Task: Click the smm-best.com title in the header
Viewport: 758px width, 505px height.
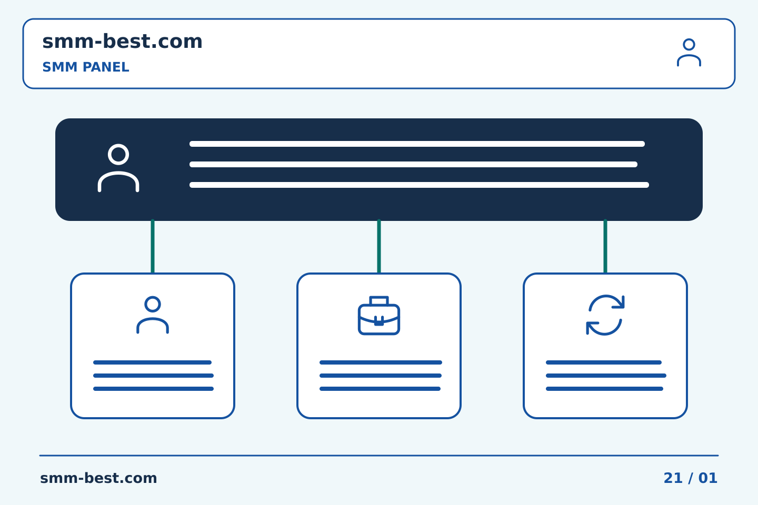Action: pyautogui.click(x=122, y=42)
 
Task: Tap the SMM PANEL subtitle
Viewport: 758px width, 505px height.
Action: pyautogui.click(x=86, y=67)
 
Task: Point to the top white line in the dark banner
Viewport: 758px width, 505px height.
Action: pyautogui.click(x=417, y=144)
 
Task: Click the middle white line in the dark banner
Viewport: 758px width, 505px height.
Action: pyautogui.click(x=413, y=164)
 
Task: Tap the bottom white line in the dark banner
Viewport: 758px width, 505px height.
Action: pyautogui.click(x=419, y=185)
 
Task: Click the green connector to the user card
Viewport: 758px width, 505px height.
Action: pyautogui.click(x=153, y=246)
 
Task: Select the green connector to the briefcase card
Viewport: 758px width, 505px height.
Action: pyautogui.click(x=379, y=246)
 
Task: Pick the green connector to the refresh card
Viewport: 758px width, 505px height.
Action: pyautogui.click(x=605, y=246)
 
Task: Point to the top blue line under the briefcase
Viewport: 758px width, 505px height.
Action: pyautogui.click(x=381, y=362)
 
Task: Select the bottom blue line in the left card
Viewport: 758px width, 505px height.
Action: pyautogui.click(x=153, y=389)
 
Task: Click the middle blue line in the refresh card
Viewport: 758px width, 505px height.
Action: pyautogui.click(x=606, y=376)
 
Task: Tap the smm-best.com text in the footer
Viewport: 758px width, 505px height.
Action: pyautogui.click(x=98, y=478)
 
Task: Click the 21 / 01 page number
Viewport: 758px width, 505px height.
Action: pyautogui.click(x=690, y=478)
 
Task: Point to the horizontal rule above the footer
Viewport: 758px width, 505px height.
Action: pyautogui.click(x=379, y=456)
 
